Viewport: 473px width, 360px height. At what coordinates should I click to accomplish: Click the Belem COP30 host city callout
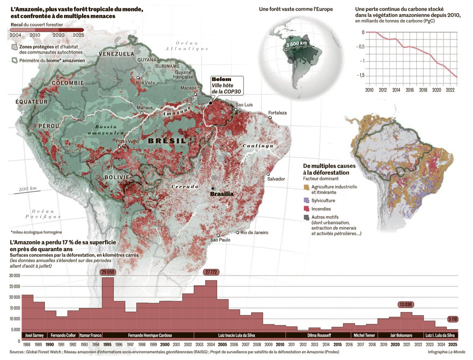(x=226, y=85)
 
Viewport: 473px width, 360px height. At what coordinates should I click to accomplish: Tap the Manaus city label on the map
(x=144, y=108)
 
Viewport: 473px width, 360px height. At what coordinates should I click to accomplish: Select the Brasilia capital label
(x=222, y=194)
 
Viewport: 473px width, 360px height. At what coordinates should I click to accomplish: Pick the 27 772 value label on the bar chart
(x=211, y=272)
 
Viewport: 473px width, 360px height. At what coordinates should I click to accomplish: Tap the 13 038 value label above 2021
(x=406, y=304)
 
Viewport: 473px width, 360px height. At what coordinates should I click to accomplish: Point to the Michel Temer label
(x=364, y=336)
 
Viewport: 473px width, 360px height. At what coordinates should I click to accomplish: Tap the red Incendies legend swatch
(x=307, y=209)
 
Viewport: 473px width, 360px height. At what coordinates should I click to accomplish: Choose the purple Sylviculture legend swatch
(x=307, y=201)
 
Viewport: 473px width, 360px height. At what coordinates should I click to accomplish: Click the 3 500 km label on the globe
(x=297, y=44)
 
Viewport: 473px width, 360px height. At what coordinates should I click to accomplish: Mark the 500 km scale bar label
(x=28, y=189)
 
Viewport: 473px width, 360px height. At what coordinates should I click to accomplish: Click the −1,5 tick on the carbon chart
(x=359, y=75)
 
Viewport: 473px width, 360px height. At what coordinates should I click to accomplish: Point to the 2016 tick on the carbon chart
(x=410, y=90)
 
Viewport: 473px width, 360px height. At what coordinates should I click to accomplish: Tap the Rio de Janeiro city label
(x=254, y=233)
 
